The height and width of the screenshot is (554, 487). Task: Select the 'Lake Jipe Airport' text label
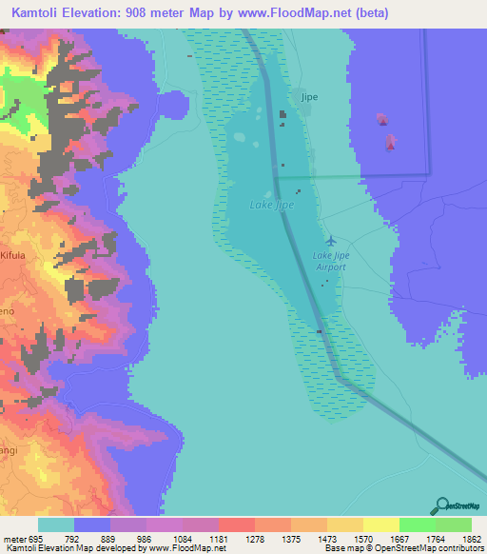pyautogui.click(x=330, y=261)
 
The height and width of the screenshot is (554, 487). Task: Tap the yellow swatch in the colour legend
pyautogui.click(x=380, y=524)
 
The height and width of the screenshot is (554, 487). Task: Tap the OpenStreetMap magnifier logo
pyautogui.click(x=441, y=505)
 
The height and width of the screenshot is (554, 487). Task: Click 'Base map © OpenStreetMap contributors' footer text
pyautogui.click(x=403, y=549)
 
